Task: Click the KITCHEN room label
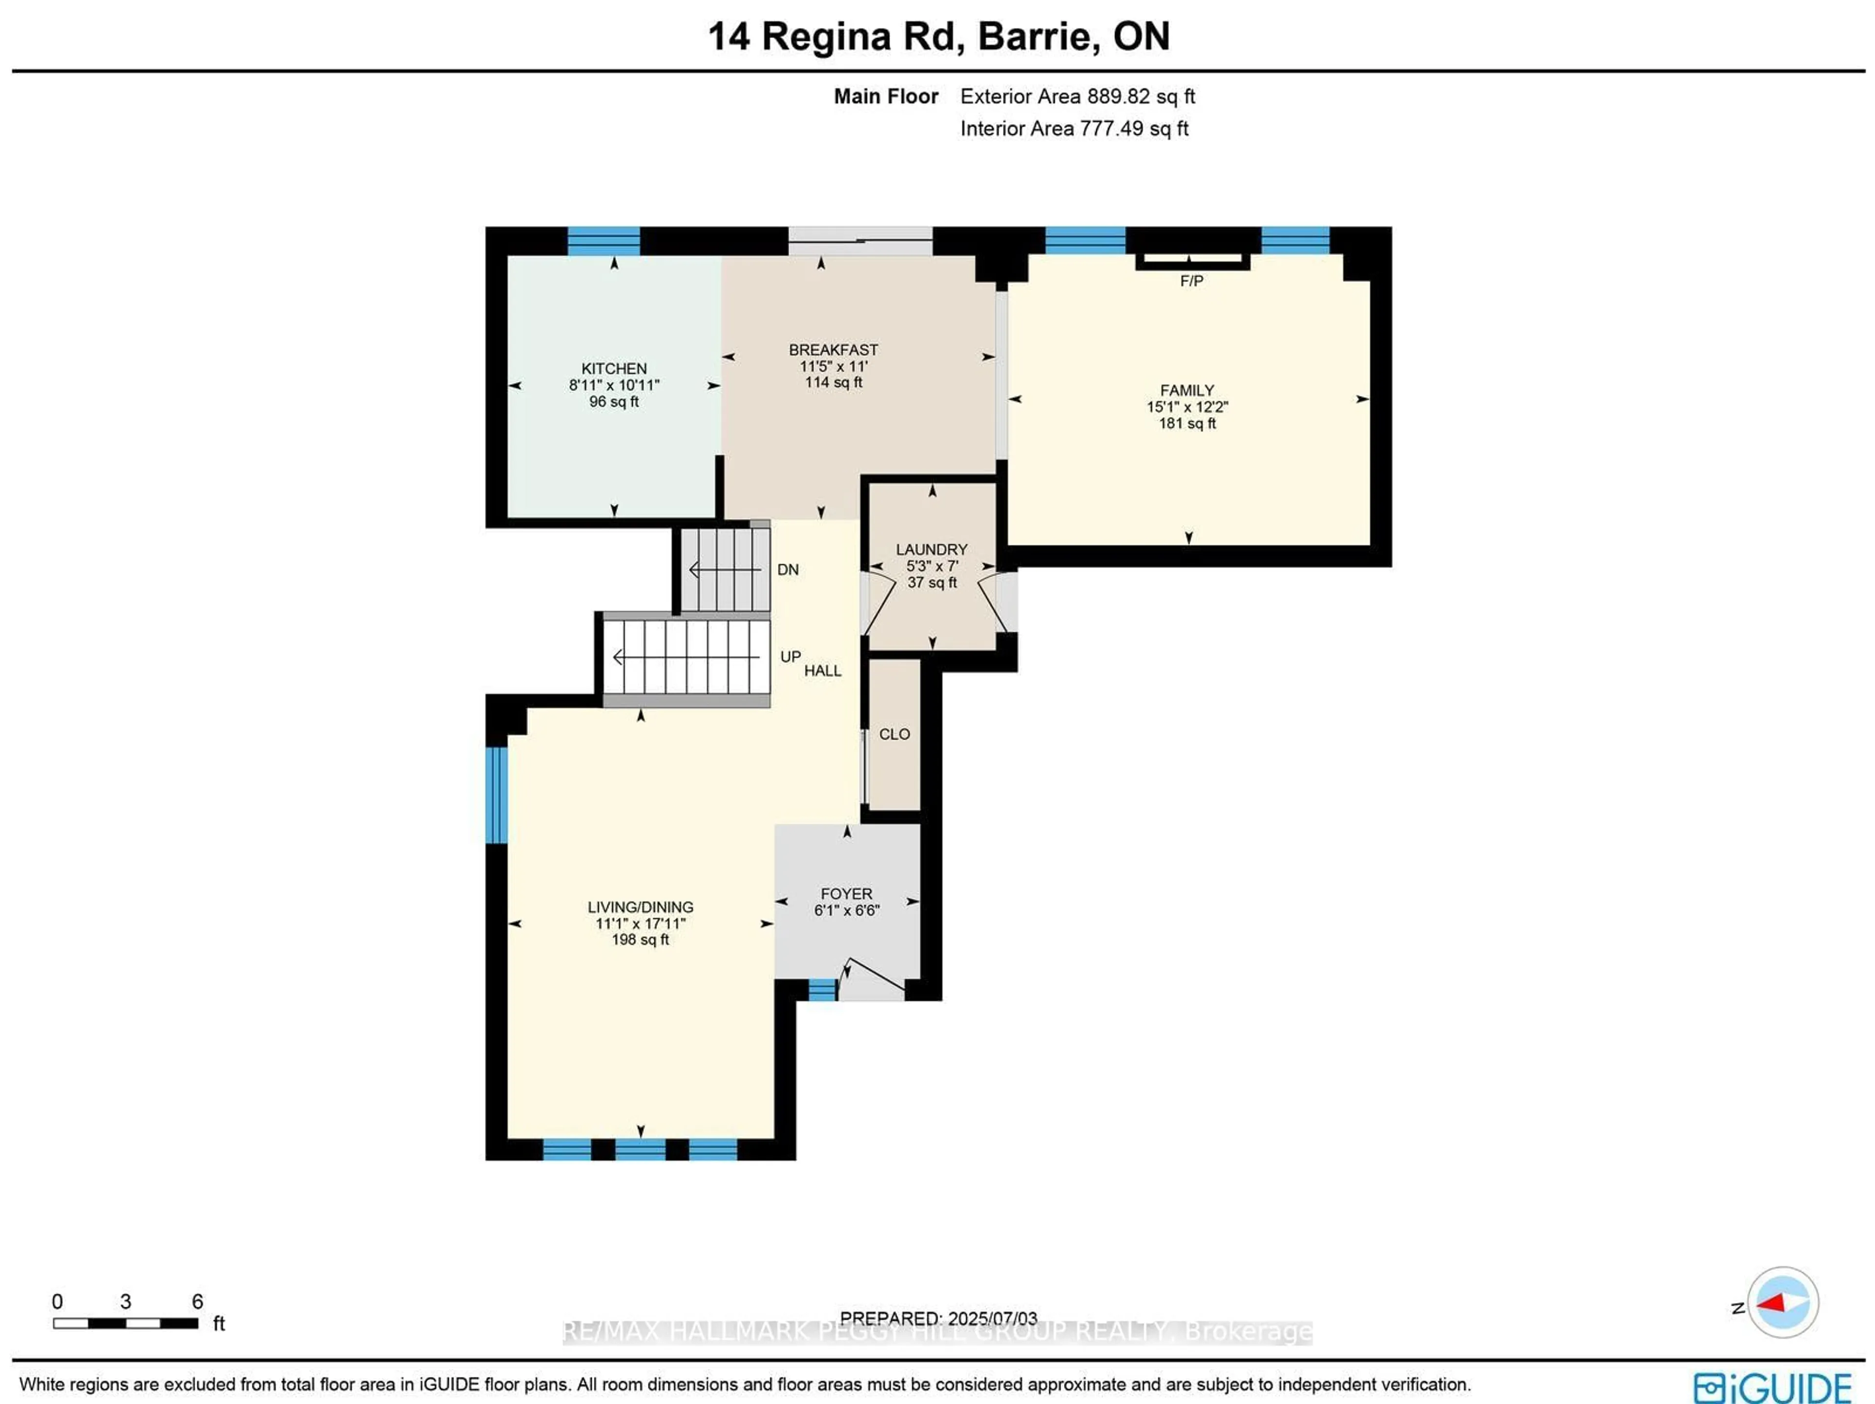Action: coord(614,368)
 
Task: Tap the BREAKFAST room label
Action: coord(833,349)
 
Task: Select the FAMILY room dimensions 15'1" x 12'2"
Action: coord(1187,407)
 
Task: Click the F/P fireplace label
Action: coord(1191,281)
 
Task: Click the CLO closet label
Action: coord(894,734)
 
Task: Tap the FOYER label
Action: coord(846,894)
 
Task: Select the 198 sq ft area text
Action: coord(640,940)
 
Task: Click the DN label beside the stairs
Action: coord(788,570)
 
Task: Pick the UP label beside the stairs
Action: coord(790,657)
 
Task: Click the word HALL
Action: coord(822,671)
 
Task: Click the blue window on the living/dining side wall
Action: coord(497,795)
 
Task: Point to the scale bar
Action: coord(125,1322)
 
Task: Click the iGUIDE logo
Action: coord(1771,1387)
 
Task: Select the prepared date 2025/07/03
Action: coord(992,1319)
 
